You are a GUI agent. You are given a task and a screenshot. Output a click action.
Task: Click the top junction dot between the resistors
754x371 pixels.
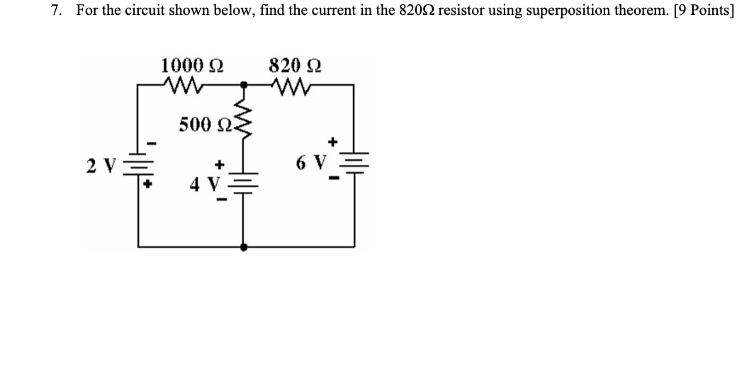tap(244, 85)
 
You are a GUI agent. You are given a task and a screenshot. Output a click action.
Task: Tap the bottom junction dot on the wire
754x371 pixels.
tap(244, 247)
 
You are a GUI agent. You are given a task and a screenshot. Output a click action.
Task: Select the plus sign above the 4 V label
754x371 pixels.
tap(220, 164)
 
